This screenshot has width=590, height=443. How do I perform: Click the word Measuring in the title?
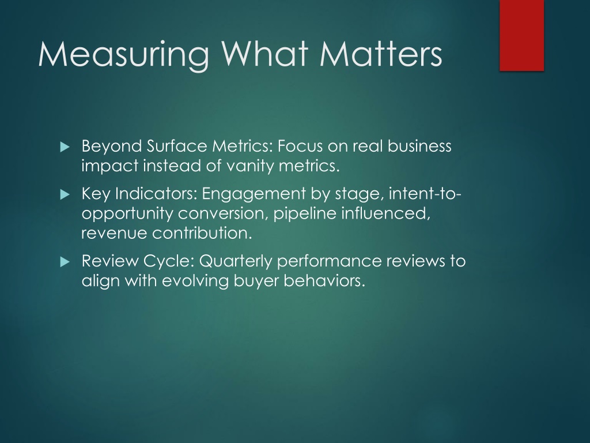tap(124, 55)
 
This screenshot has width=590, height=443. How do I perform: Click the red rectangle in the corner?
tap(521, 35)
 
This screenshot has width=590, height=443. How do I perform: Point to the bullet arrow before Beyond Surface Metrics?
tap(65, 147)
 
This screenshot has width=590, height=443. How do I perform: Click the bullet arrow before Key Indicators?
tap(65, 194)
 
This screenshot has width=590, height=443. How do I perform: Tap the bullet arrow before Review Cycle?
tap(65, 261)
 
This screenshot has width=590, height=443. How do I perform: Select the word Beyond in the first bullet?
tap(112, 147)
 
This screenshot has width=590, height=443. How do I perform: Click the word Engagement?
tap(254, 194)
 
